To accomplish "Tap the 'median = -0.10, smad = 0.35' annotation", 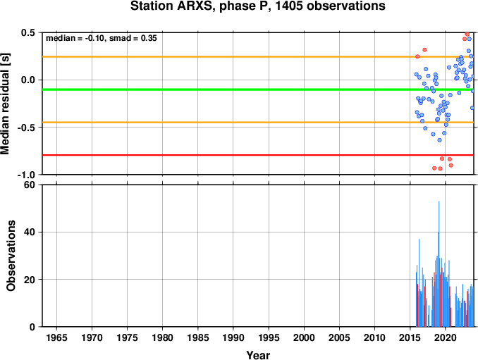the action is [102, 38].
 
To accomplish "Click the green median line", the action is [258, 89].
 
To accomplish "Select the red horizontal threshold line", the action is [258, 155].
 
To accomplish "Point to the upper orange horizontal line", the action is [258, 57].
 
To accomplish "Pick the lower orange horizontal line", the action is [258, 123].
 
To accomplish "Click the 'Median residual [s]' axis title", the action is [5, 104].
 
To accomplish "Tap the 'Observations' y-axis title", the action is [11, 256].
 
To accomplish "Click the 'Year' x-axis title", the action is [258, 355].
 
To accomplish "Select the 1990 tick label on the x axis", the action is [233, 337].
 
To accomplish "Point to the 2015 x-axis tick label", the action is [410, 337].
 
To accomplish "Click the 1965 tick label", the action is [56, 337].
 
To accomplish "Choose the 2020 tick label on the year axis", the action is [446, 337].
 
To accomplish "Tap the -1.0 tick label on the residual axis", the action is [26, 175].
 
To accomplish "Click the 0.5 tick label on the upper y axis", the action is [28, 32].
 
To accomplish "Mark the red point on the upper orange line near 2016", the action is [417, 56].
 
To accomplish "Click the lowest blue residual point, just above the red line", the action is [440, 140].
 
